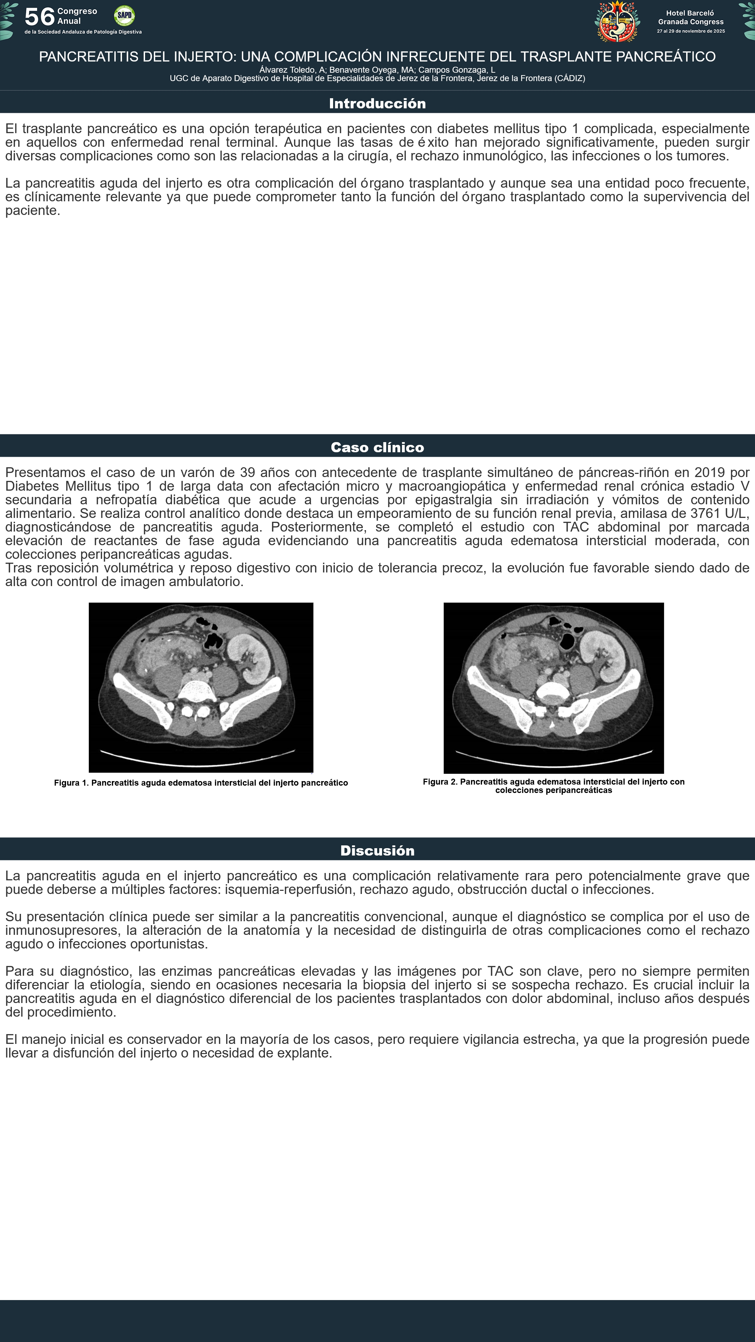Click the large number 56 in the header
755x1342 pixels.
(39, 17)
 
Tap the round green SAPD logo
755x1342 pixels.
(124, 16)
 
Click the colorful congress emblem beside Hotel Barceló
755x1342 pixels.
(617, 21)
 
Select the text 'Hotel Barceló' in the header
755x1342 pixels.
(690, 13)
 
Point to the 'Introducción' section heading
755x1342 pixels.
(377, 104)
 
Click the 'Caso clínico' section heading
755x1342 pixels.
(377, 447)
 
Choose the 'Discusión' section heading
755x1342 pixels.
(377, 851)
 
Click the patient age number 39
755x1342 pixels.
(247, 472)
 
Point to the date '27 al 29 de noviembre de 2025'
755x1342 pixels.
(690, 31)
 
